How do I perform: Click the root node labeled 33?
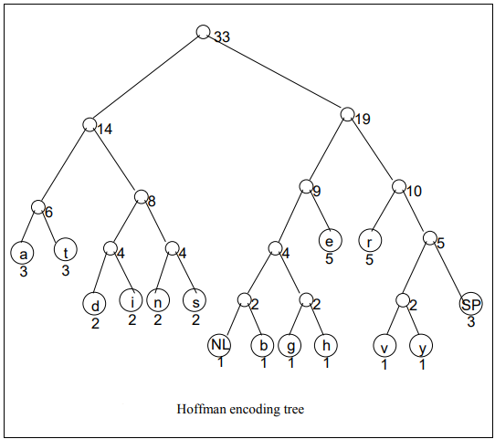203,32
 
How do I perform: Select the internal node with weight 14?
90,124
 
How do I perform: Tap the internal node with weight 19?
347,114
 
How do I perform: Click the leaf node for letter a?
22,254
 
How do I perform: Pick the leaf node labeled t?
66,249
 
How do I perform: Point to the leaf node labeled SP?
470,304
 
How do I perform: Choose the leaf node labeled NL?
219,345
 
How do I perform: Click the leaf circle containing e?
331,240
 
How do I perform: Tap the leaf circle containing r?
370,240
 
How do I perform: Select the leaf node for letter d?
94,304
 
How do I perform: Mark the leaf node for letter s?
195,300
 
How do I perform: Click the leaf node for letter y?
421,346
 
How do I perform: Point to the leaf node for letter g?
290,346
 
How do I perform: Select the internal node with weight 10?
399,186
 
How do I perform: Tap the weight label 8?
152,201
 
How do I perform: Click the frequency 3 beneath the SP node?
471,322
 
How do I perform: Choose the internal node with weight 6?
37,207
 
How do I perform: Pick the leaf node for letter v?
384,346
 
